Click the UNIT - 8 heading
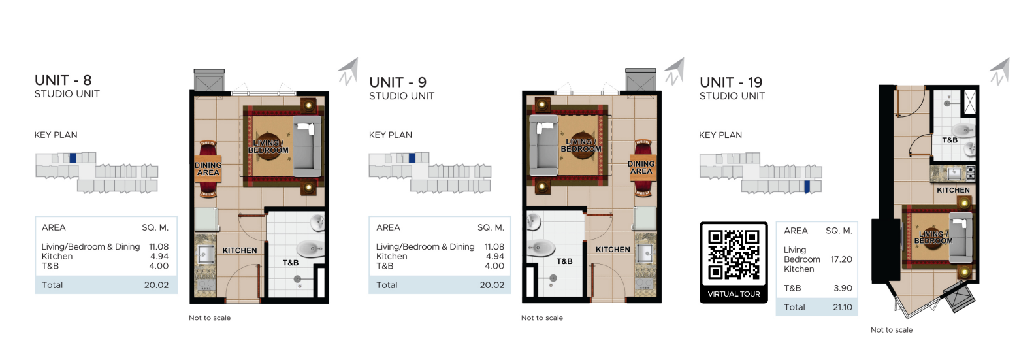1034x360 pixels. click(x=63, y=80)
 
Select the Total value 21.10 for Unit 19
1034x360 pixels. click(x=842, y=307)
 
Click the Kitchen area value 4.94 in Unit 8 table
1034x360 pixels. click(x=159, y=256)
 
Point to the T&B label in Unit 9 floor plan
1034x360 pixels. click(x=564, y=261)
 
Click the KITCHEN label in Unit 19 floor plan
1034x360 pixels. click(x=953, y=190)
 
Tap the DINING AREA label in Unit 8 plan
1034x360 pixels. click(x=208, y=169)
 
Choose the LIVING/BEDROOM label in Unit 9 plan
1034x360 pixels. click(x=581, y=145)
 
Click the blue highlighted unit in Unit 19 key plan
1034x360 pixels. click(x=807, y=187)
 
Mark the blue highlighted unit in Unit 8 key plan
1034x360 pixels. click(x=73, y=157)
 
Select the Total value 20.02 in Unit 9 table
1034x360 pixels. click(x=491, y=285)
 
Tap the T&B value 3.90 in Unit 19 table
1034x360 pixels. click(x=842, y=288)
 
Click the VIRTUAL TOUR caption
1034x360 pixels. click(x=734, y=294)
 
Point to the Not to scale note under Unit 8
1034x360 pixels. click(x=210, y=318)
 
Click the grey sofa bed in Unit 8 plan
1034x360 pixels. click(x=307, y=146)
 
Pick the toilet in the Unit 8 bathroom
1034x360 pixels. click(x=309, y=248)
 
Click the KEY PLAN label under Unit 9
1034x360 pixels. click(x=390, y=135)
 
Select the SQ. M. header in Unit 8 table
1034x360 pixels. click(x=155, y=227)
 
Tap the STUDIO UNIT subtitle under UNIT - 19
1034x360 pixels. click(x=732, y=96)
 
